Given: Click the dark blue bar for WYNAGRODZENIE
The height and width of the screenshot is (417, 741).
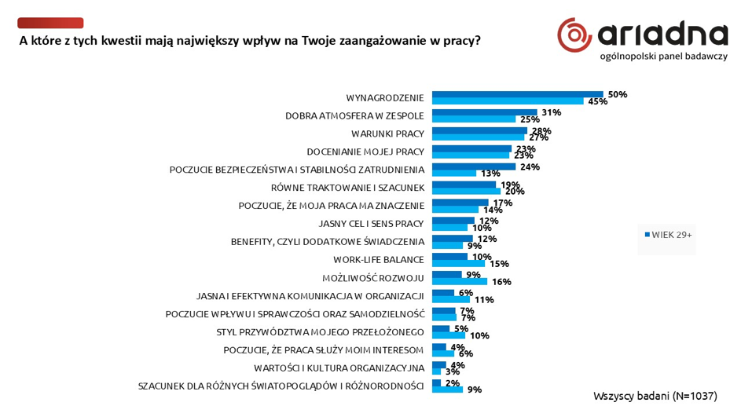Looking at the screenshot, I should tap(517, 94).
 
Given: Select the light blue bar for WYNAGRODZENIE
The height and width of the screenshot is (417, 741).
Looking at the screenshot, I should tap(508, 101).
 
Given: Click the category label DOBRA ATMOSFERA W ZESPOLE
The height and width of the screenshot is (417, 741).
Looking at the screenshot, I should tap(354, 115).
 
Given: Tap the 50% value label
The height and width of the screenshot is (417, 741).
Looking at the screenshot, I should tap(617, 94).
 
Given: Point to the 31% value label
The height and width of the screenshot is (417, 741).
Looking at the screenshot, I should tap(551, 112).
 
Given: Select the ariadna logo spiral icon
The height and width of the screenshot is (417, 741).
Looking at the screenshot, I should tap(574, 35).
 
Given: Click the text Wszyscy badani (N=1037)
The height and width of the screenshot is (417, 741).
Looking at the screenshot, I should tap(655, 397).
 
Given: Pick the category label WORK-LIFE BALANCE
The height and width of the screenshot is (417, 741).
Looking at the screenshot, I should tap(379, 259).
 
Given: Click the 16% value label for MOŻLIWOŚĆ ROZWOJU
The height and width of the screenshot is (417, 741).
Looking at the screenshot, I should tap(501, 281).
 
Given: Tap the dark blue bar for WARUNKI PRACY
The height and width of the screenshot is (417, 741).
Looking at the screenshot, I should tap(479, 130).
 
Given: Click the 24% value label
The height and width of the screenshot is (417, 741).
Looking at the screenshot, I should tap(530, 166).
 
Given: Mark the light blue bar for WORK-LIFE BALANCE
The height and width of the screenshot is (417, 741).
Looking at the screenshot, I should tap(458, 264).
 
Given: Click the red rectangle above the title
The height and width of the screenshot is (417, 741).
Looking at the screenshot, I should tap(50, 23).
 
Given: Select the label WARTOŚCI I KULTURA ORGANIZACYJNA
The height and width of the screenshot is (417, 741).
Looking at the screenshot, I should tap(339, 368).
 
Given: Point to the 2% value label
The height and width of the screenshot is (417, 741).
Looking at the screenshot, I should tap(453, 382).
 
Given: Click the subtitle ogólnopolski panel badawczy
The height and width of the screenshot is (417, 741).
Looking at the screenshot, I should tap(663, 56).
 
